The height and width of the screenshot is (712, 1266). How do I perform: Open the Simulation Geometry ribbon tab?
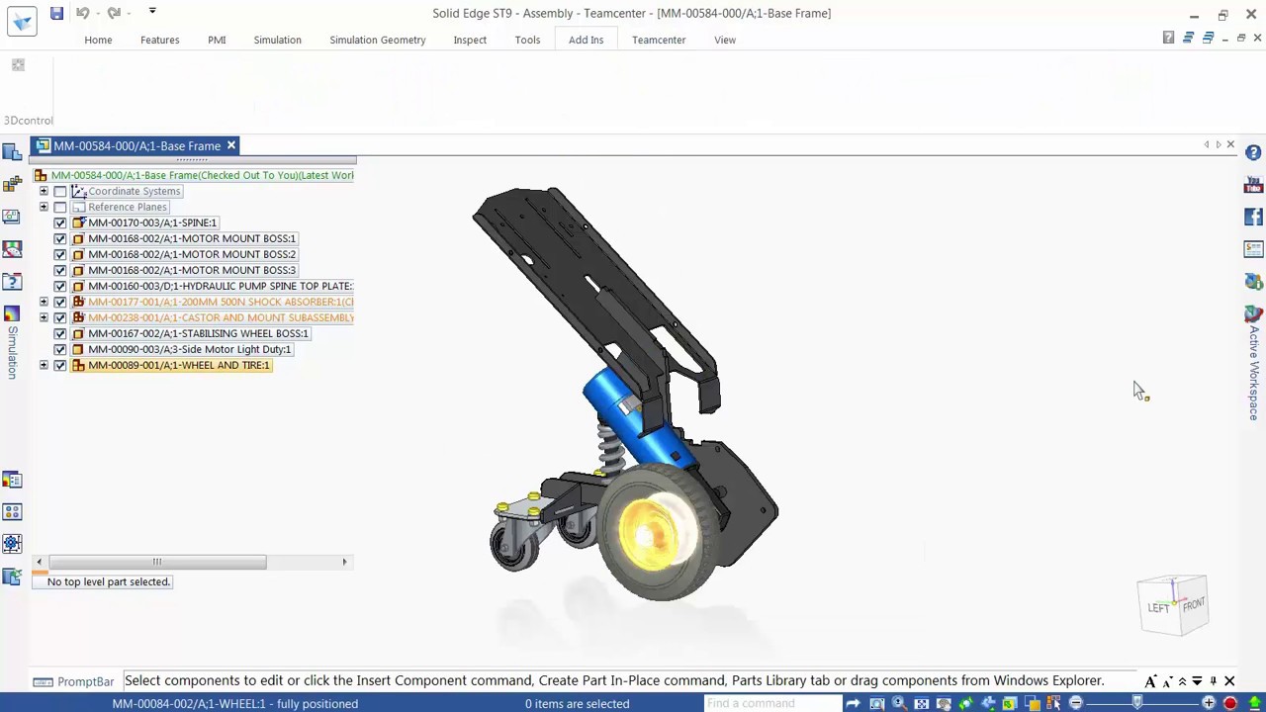377,40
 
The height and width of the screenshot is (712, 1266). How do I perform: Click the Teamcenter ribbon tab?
658,40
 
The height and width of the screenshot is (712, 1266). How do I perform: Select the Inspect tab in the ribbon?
470,40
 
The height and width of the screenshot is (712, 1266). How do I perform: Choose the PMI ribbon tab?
217,40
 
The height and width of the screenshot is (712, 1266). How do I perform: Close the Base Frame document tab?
231,145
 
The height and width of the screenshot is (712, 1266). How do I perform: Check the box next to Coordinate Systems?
60,191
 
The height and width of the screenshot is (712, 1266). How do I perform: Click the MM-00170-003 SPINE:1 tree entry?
151,222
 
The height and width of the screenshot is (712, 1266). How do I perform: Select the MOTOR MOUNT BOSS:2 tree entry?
191,254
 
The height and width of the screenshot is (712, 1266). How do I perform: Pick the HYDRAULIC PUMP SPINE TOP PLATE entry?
220,286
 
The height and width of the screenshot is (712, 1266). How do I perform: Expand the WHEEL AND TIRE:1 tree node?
44,365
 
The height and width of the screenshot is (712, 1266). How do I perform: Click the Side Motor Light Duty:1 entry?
189,349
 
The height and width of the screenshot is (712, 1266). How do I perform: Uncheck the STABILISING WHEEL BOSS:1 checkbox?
60,333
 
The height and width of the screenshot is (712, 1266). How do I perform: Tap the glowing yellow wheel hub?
648,534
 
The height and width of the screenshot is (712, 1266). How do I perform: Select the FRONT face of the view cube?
1194,603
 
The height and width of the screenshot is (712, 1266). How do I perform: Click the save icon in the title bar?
56,13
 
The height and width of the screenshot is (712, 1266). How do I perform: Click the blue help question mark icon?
1253,153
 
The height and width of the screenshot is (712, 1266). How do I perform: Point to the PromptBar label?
85,681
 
